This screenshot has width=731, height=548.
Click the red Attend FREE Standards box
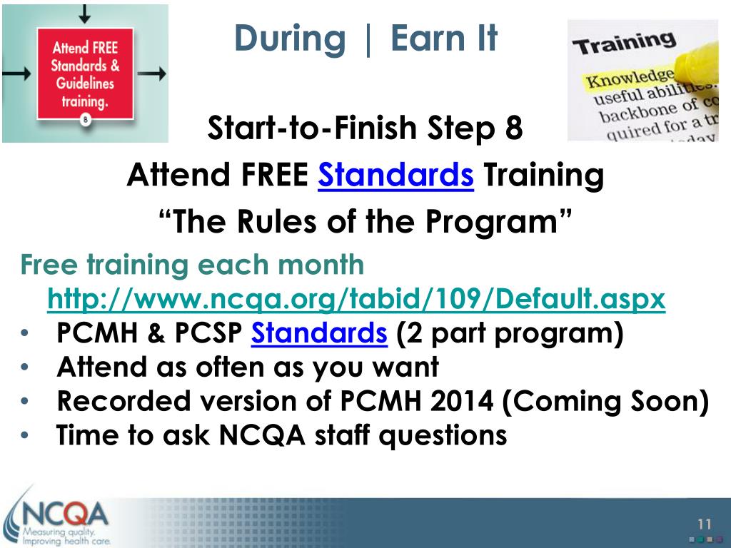pos(86,73)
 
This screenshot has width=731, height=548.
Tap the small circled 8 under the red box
pos(86,120)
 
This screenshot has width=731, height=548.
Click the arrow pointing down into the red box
pos(84,14)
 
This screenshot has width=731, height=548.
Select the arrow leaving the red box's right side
pos(152,73)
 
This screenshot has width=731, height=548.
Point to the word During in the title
pos(290,39)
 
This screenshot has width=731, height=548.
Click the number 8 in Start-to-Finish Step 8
pos(514,128)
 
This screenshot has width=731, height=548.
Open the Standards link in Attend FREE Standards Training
pos(395,176)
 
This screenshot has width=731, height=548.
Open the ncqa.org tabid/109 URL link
pos(356,299)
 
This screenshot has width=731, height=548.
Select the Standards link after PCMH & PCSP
pos(319,333)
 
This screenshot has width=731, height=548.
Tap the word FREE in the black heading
pos(275,176)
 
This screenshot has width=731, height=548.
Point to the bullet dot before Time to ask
pos(25,435)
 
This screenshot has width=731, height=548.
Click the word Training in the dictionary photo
pos(624,44)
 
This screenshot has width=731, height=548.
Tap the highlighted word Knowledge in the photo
pos(630,78)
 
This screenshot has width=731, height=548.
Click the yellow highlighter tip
pos(695,63)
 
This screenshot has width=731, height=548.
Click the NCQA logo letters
pos(65,515)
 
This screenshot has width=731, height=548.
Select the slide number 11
pos(705,524)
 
